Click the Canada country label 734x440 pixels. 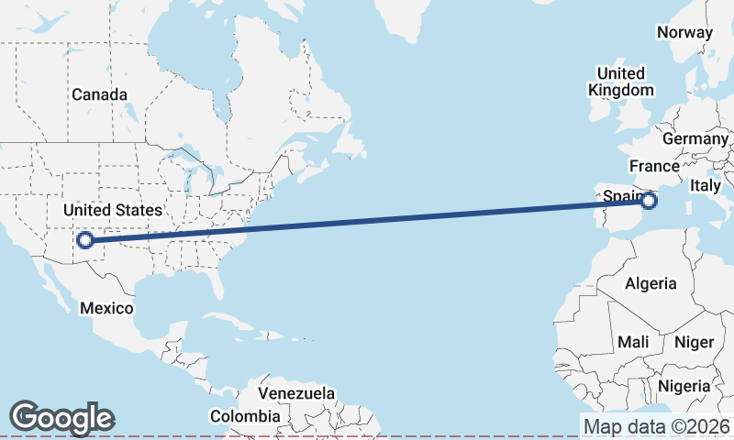coord(99,94)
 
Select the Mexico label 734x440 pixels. coord(106,308)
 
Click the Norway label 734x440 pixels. coord(684,32)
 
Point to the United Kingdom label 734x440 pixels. coord(621,82)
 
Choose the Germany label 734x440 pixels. coord(694,138)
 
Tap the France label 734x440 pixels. coord(654,166)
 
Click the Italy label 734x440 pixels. coord(706,185)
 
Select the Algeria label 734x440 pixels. coord(651,283)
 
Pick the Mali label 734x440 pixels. coord(633,342)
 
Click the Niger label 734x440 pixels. coord(694,342)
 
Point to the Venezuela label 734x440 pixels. coord(295,393)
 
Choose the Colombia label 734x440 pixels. coord(245,416)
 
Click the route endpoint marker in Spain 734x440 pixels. coord(651,201)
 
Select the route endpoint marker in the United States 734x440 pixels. coord(84,240)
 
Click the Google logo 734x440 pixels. coord(61,417)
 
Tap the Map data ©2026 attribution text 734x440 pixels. coord(656,426)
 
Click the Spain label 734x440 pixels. coord(619,195)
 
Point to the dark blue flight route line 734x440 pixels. coord(367,221)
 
